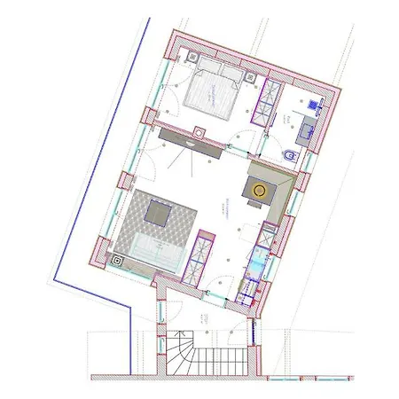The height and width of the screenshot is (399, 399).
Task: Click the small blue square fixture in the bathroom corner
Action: pyautogui.click(x=316, y=105)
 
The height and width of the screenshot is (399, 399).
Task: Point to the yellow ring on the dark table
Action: pyautogui.click(x=260, y=190)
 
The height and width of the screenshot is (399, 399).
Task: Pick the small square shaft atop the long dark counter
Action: pyautogui.click(x=199, y=133)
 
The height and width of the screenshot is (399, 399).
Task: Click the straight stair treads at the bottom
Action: pyautogui.click(x=222, y=360)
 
